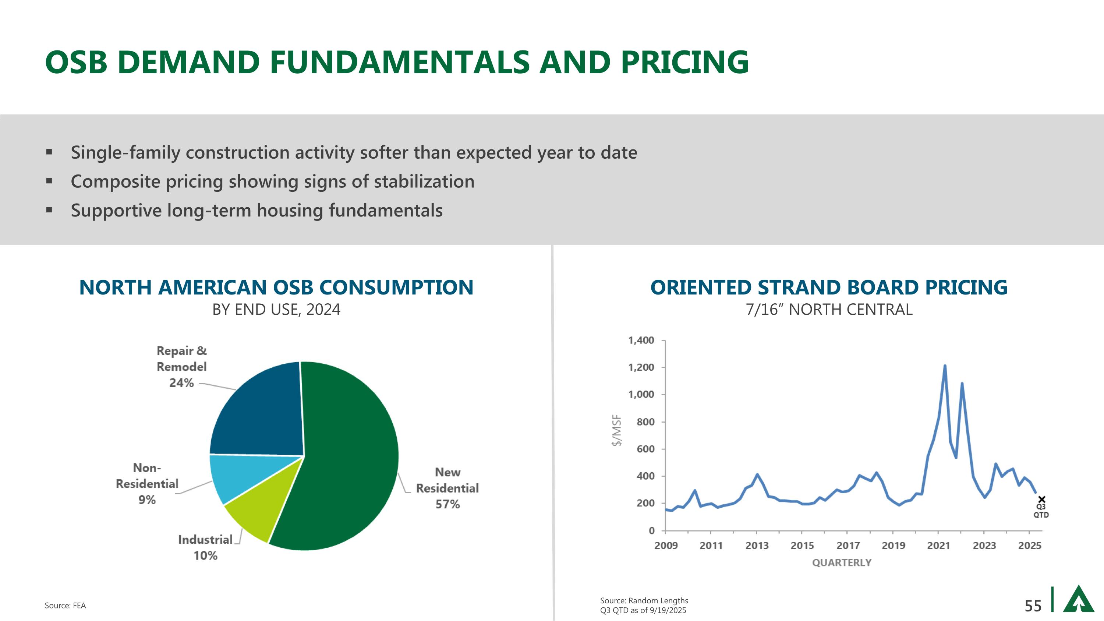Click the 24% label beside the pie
point(181,382)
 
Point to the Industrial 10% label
point(205,547)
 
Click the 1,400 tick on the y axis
point(641,340)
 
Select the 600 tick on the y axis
point(645,449)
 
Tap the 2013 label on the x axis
point(757,546)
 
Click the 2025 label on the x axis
point(1029,546)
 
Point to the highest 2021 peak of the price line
point(945,366)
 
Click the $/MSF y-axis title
point(617,431)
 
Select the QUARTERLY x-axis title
point(842,563)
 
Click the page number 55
point(1033,606)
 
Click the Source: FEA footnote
point(65,606)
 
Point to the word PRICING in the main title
point(684,62)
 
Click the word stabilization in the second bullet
point(424,181)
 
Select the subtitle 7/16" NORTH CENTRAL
point(829,310)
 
